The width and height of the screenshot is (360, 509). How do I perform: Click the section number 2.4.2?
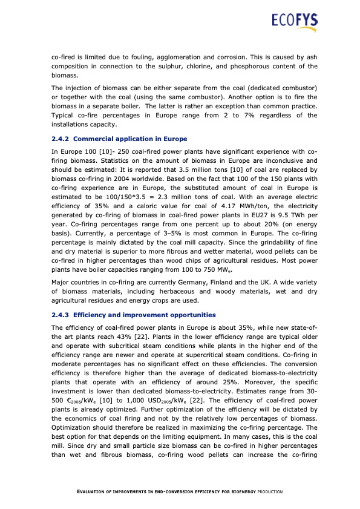62,139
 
